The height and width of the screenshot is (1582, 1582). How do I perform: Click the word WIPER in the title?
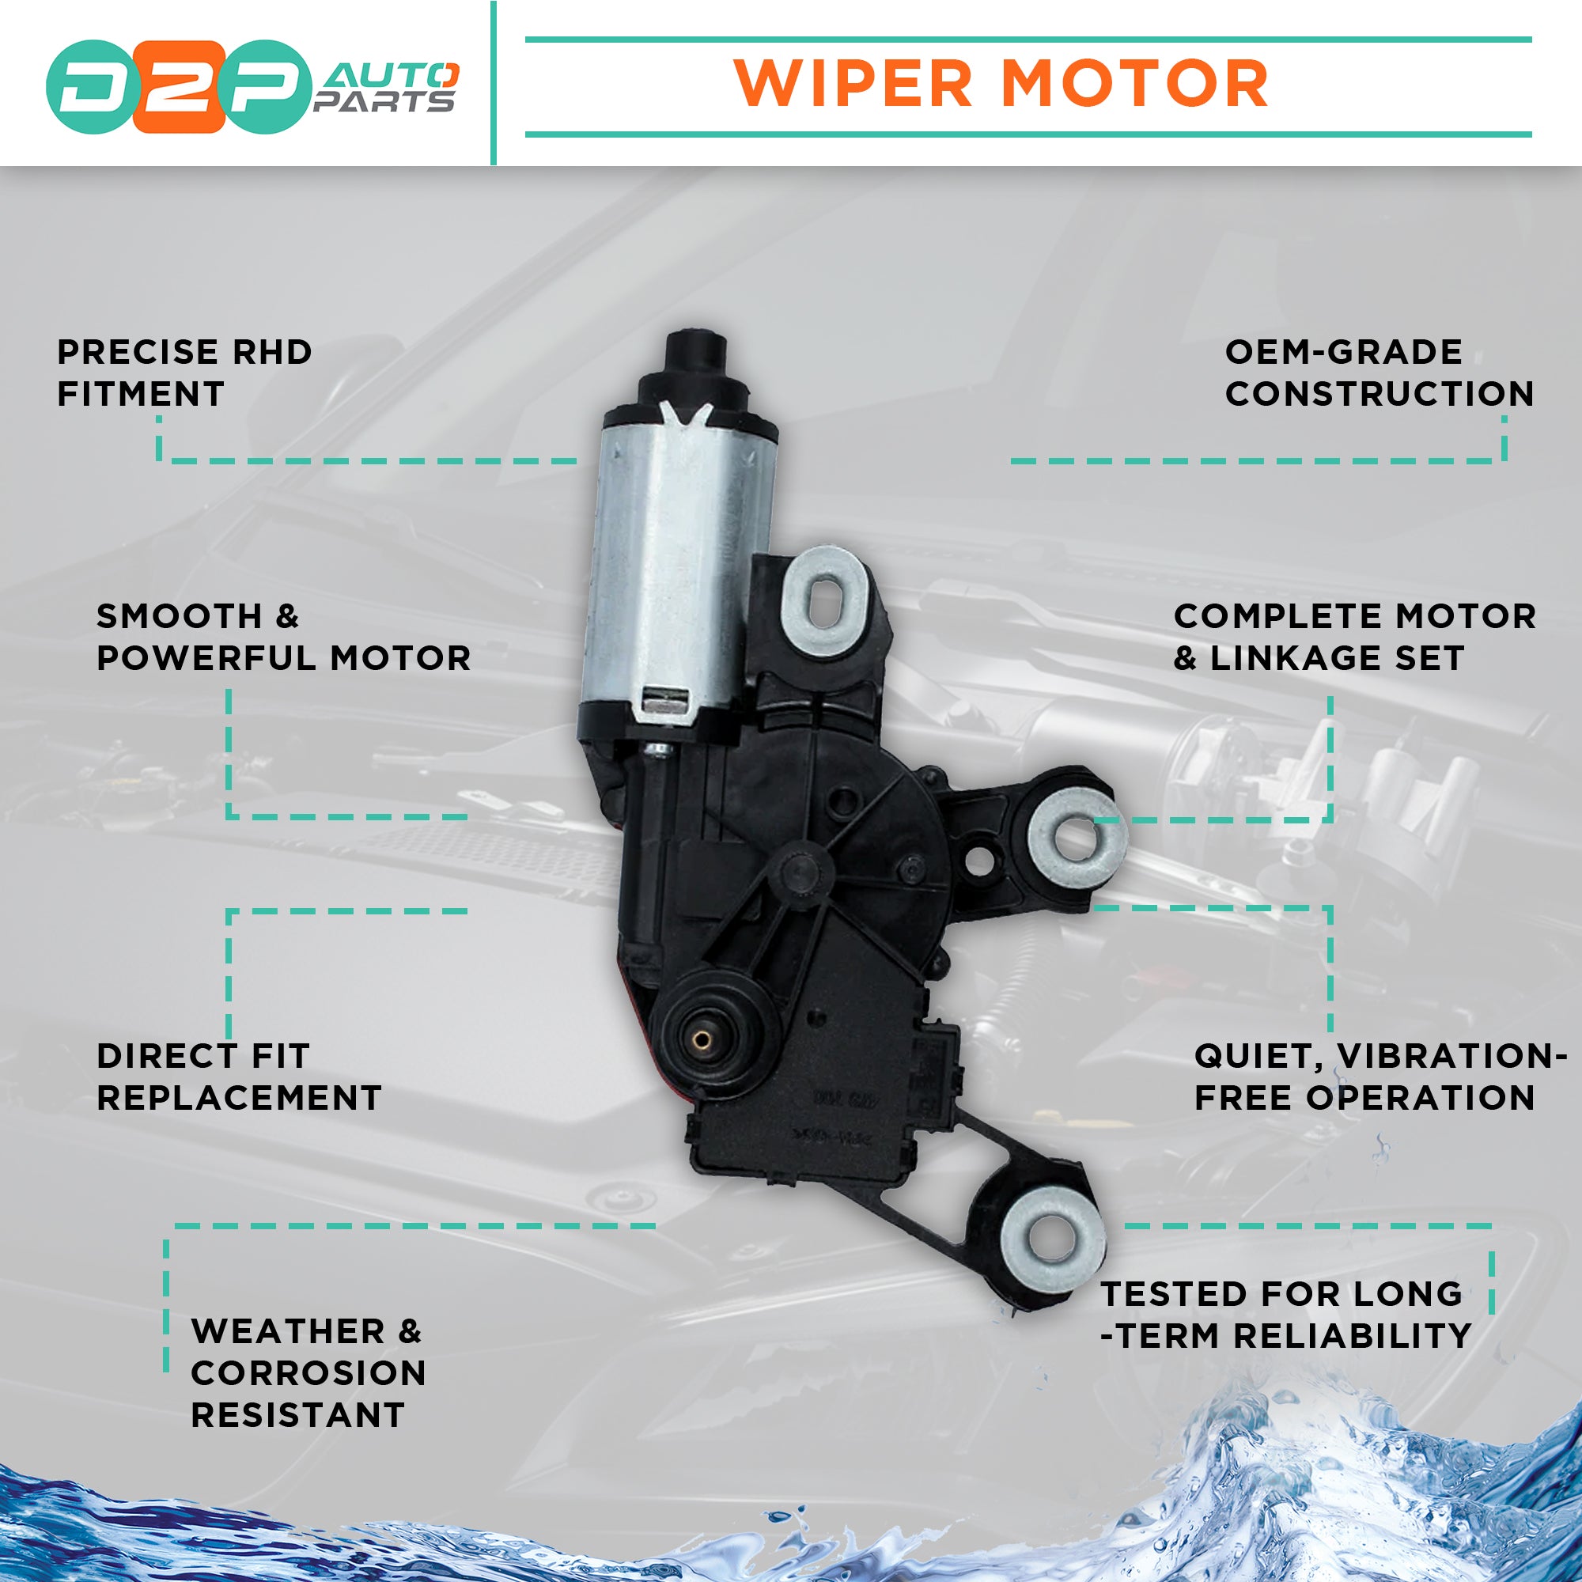[853, 85]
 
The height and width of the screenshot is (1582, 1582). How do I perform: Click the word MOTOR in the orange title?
[1134, 85]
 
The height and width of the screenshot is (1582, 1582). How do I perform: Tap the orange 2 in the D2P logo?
[179, 87]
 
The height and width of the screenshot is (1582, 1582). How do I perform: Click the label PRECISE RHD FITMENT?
[184, 373]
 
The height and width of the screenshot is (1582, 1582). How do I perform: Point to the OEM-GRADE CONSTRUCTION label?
[1379, 373]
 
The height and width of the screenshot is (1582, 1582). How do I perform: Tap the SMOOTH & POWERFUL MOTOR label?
[283, 637]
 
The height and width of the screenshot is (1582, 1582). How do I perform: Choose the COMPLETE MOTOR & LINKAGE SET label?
[1354, 637]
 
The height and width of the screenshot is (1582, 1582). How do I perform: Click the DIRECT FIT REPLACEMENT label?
[239, 1077]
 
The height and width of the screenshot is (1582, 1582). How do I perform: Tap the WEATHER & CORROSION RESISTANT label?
[308, 1372]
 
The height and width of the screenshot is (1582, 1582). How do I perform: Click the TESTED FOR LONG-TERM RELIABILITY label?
[1285, 1315]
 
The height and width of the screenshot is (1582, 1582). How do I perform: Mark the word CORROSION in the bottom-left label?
[308, 1373]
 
